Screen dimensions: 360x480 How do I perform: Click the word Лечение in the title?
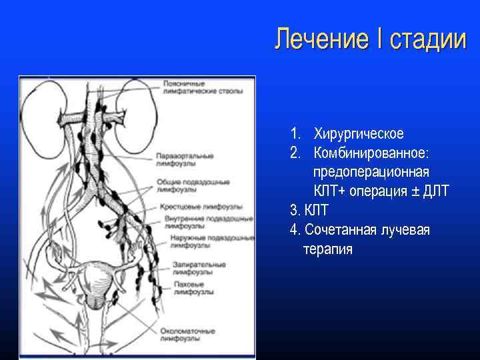click(321, 39)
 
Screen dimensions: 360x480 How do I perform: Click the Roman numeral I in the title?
click(379, 39)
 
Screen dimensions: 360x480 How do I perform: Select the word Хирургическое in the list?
click(359, 134)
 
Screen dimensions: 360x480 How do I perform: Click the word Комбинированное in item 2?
click(371, 153)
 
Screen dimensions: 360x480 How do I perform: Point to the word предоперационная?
click(371, 173)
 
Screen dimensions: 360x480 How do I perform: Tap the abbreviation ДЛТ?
click(436, 192)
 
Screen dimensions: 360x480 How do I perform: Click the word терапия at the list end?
click(327, 249)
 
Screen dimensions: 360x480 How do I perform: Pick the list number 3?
click(295, 211)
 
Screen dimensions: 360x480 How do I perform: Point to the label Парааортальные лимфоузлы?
click(184, 159)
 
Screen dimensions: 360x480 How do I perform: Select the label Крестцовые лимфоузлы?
click(194, 207)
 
